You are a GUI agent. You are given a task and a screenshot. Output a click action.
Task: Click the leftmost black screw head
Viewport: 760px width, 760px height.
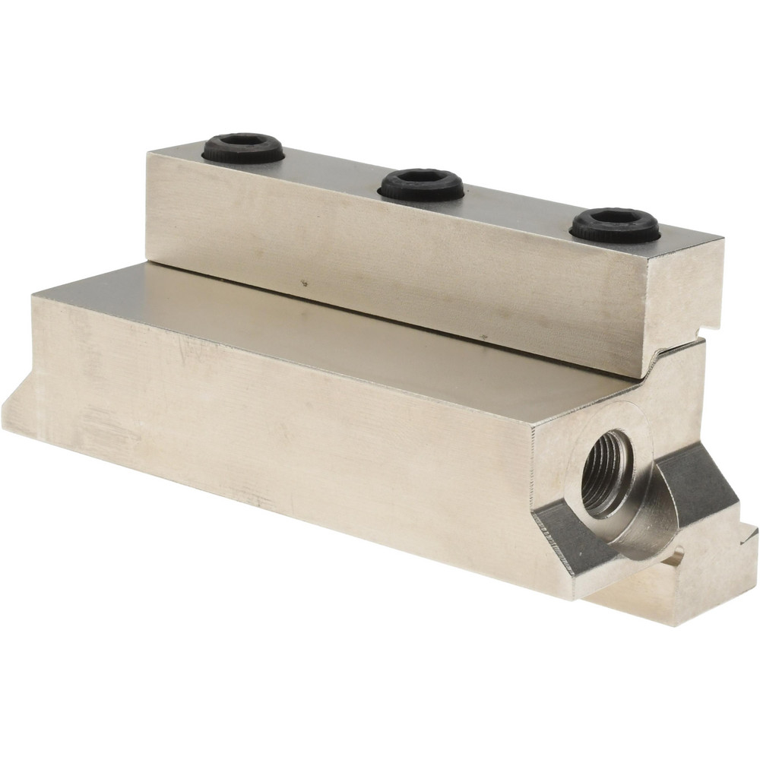243,147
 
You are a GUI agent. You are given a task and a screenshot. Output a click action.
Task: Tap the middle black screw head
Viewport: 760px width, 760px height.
422,185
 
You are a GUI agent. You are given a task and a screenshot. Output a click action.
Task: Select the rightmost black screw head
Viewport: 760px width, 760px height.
615,225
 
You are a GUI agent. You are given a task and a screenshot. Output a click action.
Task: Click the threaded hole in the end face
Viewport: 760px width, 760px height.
606,473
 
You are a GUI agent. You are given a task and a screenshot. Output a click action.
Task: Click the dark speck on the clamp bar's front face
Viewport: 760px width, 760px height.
304,284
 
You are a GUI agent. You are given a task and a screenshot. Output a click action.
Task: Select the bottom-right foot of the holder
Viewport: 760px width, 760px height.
684,593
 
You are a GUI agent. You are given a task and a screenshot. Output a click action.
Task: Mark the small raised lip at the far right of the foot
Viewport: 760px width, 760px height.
749,536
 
